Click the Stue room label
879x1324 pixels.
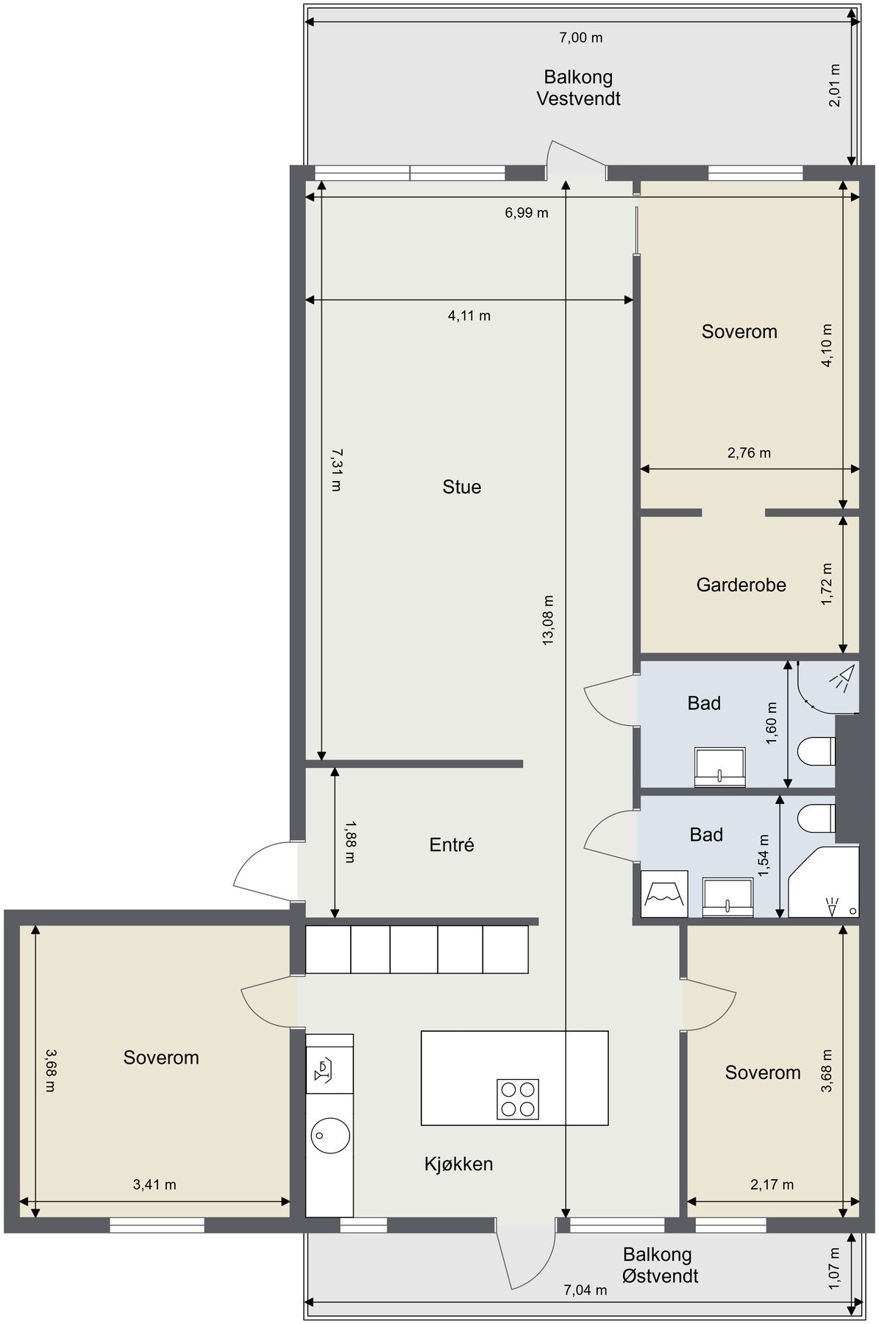click(462, 487)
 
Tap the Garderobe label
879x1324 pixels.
click(741, 585)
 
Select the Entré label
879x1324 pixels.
click(452, 844)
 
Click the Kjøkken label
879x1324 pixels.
click(458, 1164)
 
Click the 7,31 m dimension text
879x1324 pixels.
click(336, 470)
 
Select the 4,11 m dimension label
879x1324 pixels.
click(469, 316)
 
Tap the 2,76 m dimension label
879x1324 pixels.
click(749, 453)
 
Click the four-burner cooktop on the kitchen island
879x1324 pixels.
click(518, 1099)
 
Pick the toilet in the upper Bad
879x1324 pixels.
click(816, 751)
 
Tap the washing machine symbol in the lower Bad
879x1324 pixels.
click(664, 894)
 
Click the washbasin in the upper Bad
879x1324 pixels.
click(719, 766)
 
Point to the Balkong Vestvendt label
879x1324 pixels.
click(578, 88)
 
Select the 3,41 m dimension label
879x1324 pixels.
click(154, 1184)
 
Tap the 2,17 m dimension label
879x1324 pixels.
click(772, 1184)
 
